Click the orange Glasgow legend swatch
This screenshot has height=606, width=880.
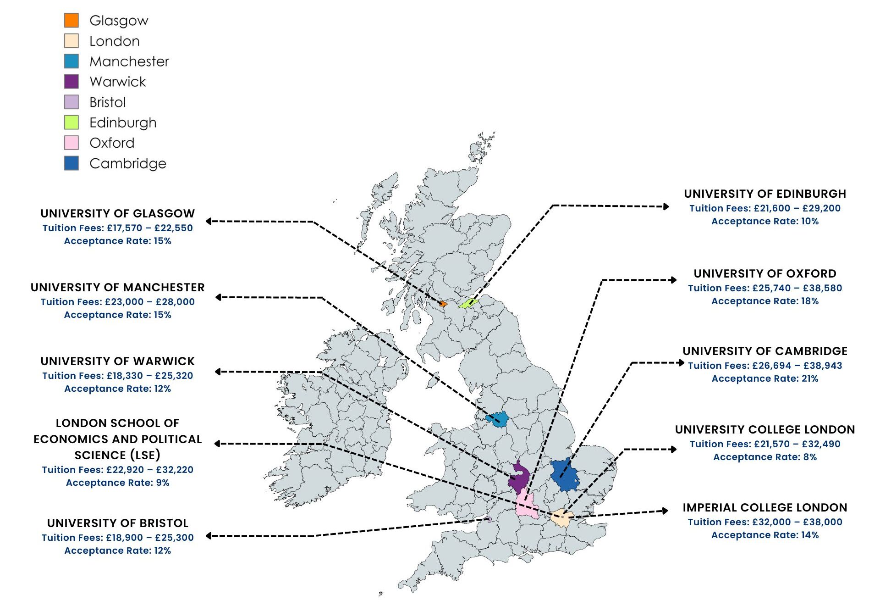[71, 20]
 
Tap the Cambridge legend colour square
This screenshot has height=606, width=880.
[71, 163]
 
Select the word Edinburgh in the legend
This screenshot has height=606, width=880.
[123, 122]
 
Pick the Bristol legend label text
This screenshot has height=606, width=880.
[107, 102]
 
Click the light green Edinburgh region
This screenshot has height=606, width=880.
[468, 303]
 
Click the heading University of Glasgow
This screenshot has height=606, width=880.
[117, 213]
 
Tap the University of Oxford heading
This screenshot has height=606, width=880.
[764, 273]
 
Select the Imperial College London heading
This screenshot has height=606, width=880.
[764, 507]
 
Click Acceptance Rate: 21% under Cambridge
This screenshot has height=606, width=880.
[764, 378]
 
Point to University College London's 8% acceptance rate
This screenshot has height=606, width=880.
[764, 457]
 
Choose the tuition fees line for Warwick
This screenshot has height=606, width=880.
[117, 376]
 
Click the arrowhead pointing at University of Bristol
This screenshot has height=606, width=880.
[209, 536]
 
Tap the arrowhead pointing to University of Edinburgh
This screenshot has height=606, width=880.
[666, 206]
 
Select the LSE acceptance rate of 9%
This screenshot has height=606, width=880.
[117, 483]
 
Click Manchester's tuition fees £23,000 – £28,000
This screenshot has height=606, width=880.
[117, 302]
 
